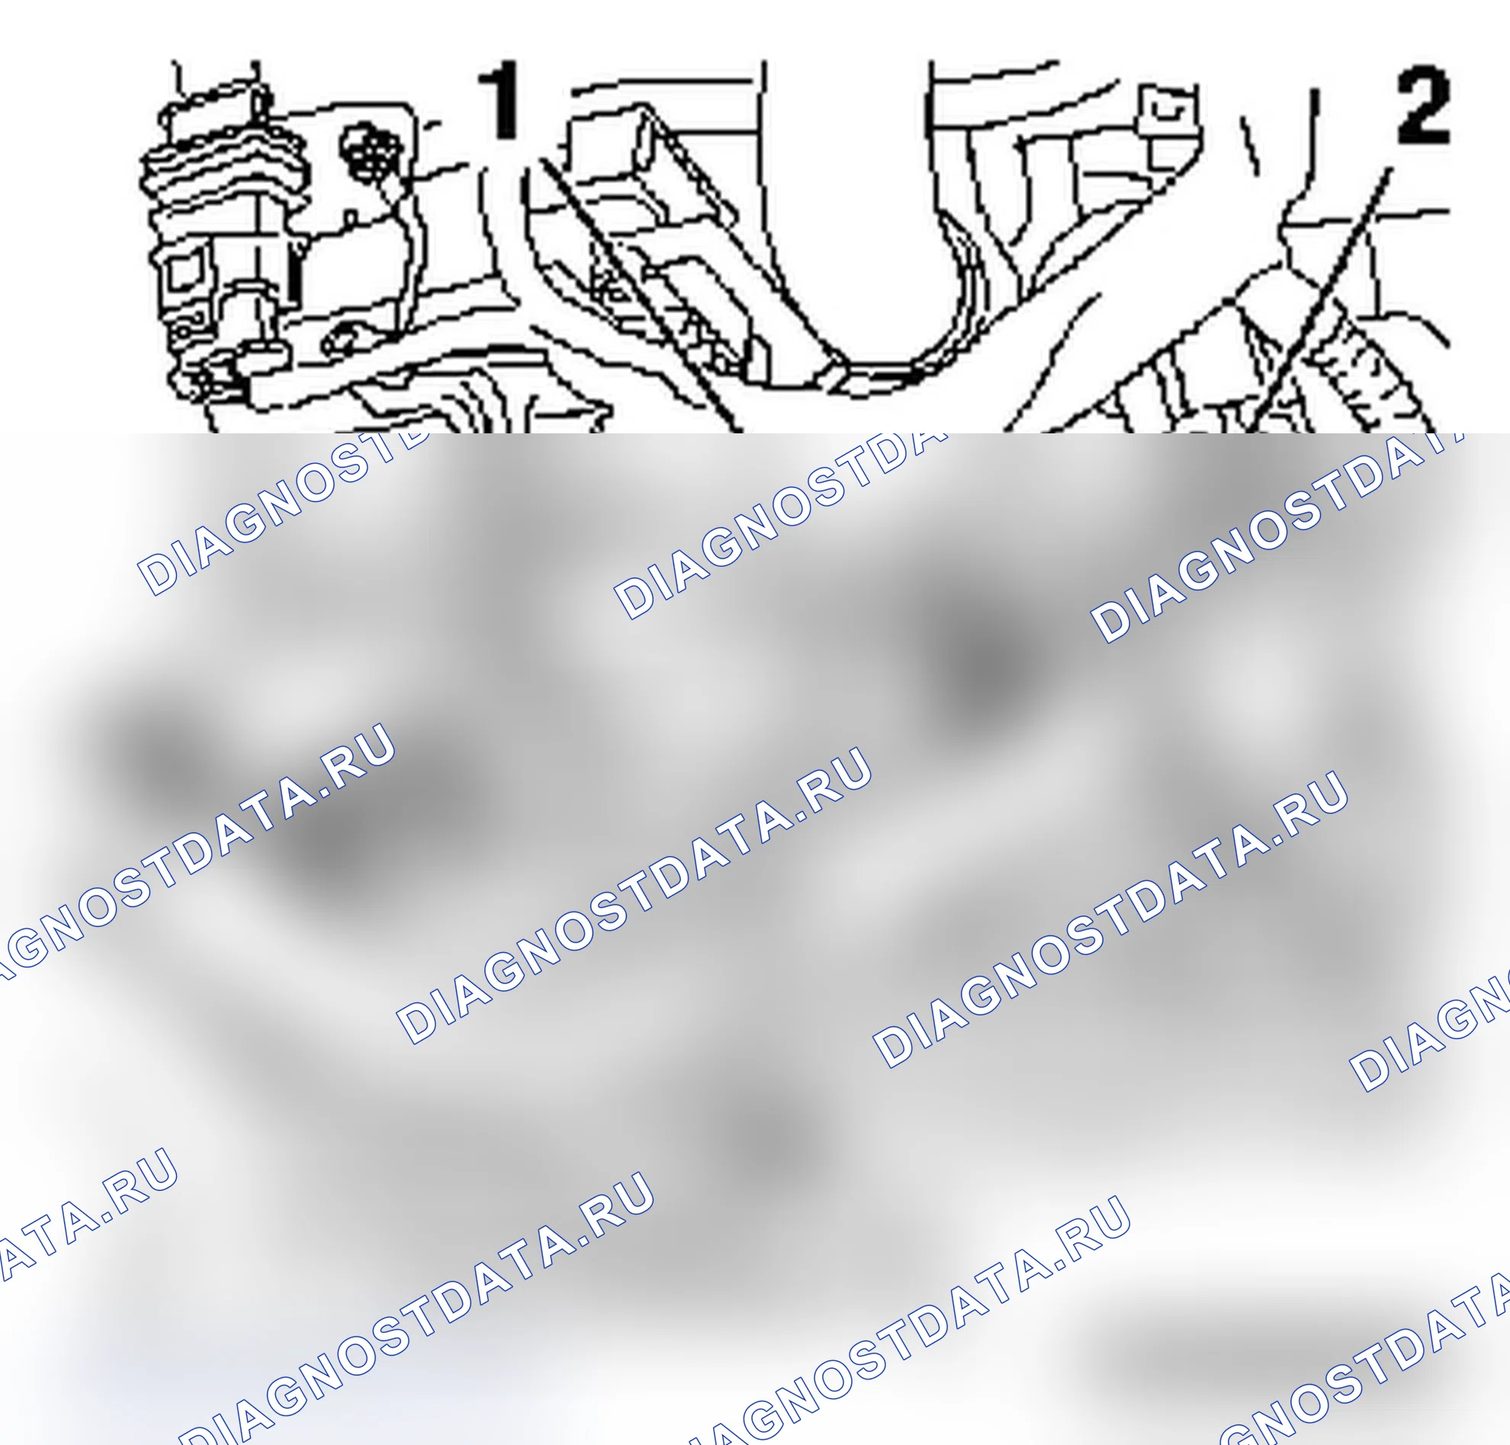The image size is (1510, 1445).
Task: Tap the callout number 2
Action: pos(1423,105)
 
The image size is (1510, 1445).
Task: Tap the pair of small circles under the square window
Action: pos(185,327)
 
